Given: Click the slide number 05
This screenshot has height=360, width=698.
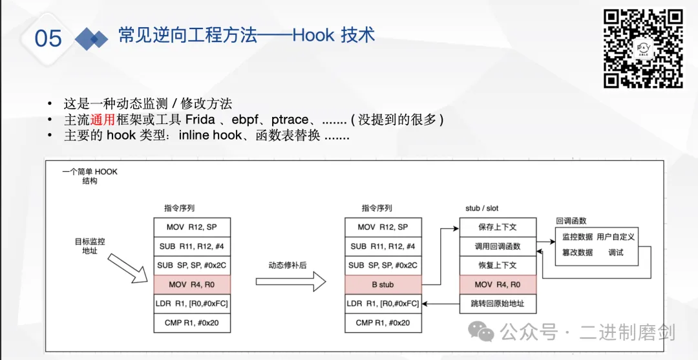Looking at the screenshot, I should click(x=48, y=38).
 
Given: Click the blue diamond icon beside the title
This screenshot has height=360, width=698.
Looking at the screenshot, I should click(x=92, y=39).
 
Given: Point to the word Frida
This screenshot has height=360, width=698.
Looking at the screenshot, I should click(x=200, y=120).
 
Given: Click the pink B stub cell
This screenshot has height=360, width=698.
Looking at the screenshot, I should click(x=383, y=284).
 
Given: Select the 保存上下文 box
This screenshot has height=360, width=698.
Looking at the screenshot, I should click(x=498, y=227).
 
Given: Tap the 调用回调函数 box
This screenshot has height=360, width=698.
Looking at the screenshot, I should click(x=498, y=246).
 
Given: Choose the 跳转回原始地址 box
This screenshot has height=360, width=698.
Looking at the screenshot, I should click(x=498, y=303).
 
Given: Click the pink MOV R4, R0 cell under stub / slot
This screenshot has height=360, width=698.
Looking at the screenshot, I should click(x=498, y=284).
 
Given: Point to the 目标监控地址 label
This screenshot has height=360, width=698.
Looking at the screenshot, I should click(x=90, y=246).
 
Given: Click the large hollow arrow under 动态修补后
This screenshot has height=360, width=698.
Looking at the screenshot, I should click(x=290, y=281).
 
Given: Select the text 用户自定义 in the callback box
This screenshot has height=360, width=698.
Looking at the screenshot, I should click(x=615, y=237).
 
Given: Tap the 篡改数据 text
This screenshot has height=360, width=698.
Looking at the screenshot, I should click(x=577, y=253).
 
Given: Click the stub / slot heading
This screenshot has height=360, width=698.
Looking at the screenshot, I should click(x=481, y=208).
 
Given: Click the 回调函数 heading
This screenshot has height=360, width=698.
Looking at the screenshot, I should click(x=571, y=221).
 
